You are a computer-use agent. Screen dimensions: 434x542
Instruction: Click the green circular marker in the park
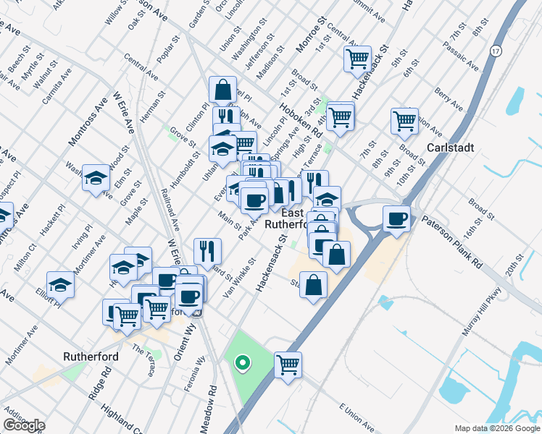(x=244, y=363)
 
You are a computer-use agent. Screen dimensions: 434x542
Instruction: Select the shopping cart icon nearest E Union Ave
(x=288, y=363)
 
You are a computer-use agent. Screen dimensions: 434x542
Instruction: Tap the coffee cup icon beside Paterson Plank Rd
(x=396, y=218)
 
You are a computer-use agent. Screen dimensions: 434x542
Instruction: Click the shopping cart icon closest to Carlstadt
(x=404, y=120)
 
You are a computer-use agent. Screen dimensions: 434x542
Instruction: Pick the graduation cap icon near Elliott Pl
(x=60, y=284)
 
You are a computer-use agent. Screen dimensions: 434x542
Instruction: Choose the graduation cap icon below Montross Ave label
(x=95, y=178)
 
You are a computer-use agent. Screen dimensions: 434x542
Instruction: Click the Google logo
(x=23, y=425)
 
